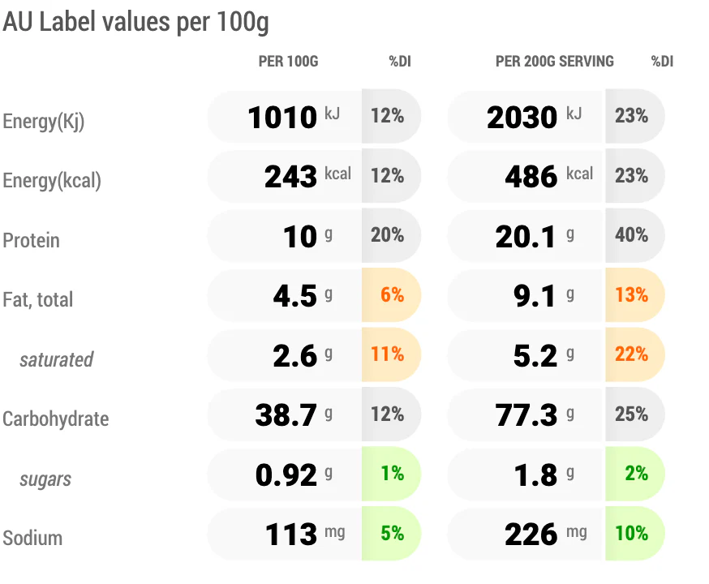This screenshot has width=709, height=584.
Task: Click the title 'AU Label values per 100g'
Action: (135, 22)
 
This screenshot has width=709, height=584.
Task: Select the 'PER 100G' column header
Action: (289, 62)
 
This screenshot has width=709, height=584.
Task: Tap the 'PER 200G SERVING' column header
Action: (555, 62)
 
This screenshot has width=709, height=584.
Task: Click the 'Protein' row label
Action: (31, 240)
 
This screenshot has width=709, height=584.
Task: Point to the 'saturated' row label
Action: (57, 360)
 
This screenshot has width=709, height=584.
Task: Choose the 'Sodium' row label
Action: (32, 538)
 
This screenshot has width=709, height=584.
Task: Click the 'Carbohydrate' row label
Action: (56, 419)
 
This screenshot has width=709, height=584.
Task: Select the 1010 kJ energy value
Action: (282, 117)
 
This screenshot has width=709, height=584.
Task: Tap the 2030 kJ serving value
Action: (522, 117)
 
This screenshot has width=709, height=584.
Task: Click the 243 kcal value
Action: (290, 176)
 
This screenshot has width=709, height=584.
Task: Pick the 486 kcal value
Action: (531, 176)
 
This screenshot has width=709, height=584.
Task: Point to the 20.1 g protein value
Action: (526, 236)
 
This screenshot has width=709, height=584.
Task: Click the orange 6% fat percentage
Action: (392, 294)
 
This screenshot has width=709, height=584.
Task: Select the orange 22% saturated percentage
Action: (632, 354)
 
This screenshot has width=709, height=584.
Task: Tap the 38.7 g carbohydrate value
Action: (286, 415)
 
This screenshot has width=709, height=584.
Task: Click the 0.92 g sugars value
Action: (286, 475)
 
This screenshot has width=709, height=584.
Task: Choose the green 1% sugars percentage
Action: (392, 474)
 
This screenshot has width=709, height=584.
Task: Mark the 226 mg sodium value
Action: (531, 535)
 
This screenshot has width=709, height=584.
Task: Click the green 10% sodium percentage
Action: (632, 534)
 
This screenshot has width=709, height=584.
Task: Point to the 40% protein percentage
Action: (632, 235)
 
